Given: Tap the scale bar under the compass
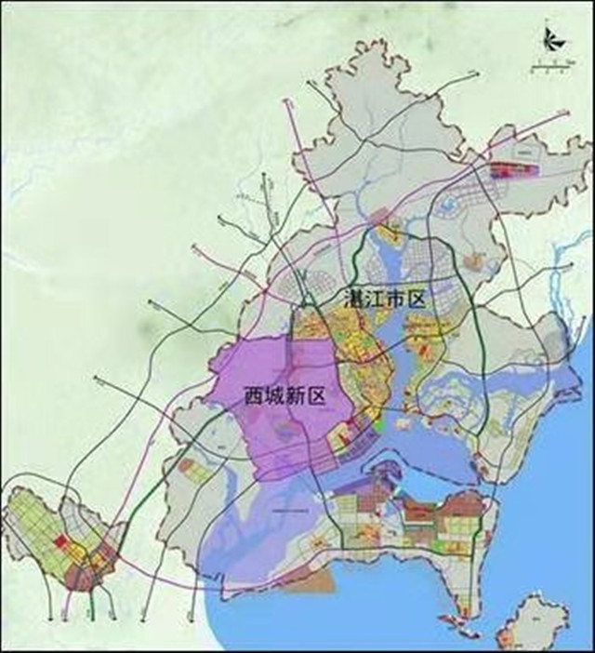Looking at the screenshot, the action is [550, 64].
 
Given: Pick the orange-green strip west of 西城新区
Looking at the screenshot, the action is [198, 470].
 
